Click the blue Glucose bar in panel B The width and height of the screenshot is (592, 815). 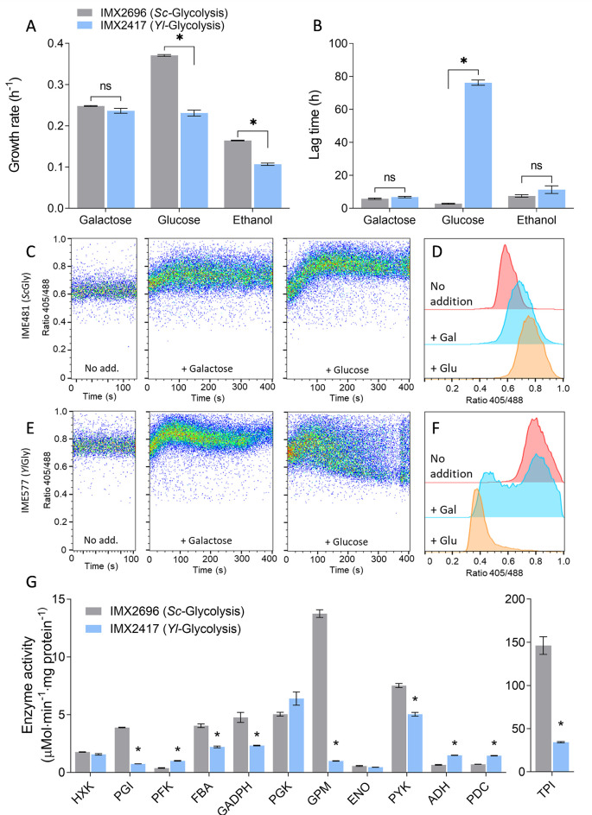(x=478, y=146)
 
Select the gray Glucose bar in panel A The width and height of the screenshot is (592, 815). (x=164, y=132)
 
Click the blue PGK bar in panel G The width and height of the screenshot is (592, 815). (x=296, y=736)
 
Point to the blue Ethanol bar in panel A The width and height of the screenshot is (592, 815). (x=267, y=186)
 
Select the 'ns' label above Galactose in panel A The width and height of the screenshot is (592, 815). (x=105, y=86)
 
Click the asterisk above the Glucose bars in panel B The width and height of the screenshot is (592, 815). (x=463, y=61)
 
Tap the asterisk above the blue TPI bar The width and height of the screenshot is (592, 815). (x=561, y=724)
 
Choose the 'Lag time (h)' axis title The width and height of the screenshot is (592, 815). (x=315, y=124)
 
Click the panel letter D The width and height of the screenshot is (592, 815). (x=437, y=251)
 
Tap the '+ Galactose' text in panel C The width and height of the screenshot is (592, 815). (x=207, y=369)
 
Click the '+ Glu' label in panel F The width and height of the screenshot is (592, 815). (x=443, y=540)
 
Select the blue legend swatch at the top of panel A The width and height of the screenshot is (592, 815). (x=86, y=25)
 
